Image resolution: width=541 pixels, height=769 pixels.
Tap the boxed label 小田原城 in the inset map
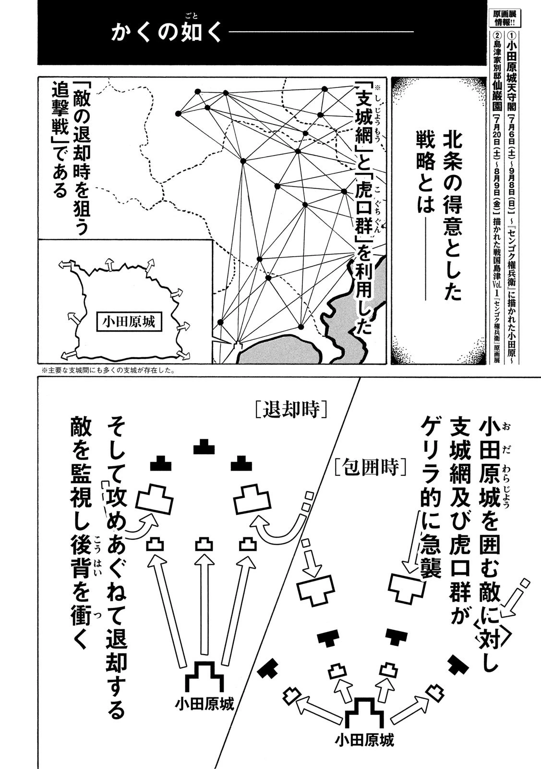129,322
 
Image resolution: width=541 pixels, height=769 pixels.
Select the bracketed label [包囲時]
372,466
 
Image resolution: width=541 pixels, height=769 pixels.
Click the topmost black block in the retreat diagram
204,447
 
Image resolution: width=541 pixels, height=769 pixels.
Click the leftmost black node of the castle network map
178,113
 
